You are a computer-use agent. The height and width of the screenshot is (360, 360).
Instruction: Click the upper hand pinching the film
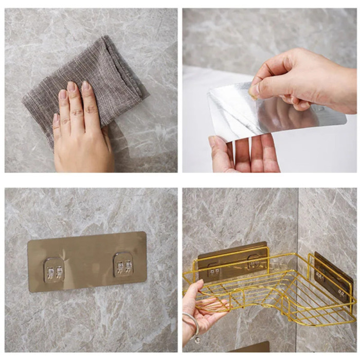309,82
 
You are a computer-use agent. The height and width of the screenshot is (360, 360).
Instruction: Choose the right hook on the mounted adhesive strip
123,265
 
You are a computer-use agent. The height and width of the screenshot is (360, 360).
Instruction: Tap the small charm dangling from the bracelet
196,339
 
